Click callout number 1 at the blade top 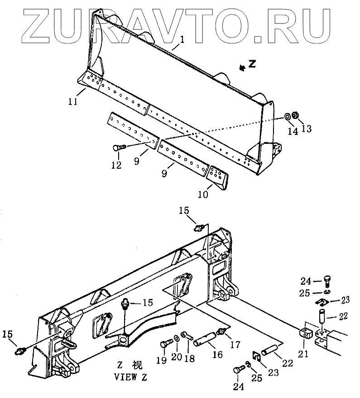[x=182, y=40]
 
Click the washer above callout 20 [x=175, y=339]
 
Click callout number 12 [x=117, y=165]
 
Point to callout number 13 [x=307, y=129]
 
